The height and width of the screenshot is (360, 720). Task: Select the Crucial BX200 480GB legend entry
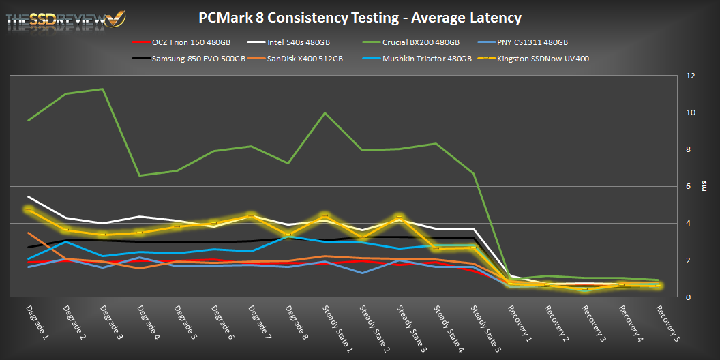pos(420,42)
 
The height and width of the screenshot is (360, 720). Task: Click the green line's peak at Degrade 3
pos(102,89)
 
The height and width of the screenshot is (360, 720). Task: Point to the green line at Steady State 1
pos(325,113)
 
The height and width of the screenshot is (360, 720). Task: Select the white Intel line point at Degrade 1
pos(28,197)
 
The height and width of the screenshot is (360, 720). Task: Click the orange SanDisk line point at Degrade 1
pos(28,233)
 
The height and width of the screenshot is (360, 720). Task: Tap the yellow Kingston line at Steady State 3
pos(399,217)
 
